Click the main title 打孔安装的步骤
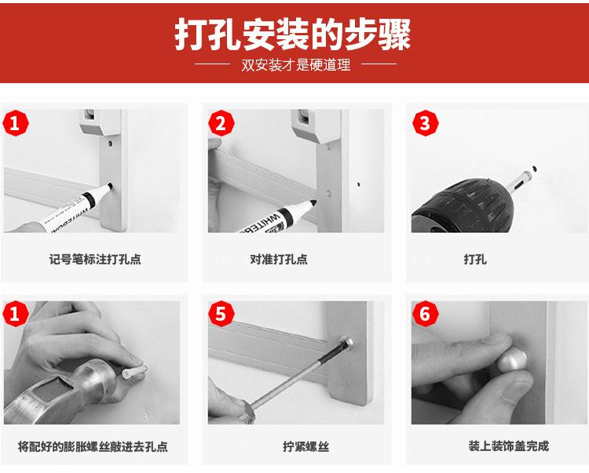click(x=293, y=35)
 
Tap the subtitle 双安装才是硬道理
click(x=295, y=65)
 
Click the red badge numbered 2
click(x=221, y=123)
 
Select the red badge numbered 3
click(x=425, y=123)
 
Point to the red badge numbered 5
click(x=221, y=314)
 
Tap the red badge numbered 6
click(x=425, y=314)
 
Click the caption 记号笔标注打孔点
click(x=95, y=259)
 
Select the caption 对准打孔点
click(x=279, y=259)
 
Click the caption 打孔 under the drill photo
click(x=475, y=259)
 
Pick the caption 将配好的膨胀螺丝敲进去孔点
click(x=93, y=446)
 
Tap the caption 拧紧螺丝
click(x=305, y=446)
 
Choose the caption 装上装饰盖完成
click(x=509, y=446)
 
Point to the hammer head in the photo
click(x=60, y=390)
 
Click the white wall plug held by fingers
click(x=134, y=373)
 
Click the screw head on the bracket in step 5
click(x=346, y=343)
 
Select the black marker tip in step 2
click(x=311, y=204)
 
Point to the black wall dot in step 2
click(x=359, y=184)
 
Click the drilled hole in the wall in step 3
click(x=534, y=169)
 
